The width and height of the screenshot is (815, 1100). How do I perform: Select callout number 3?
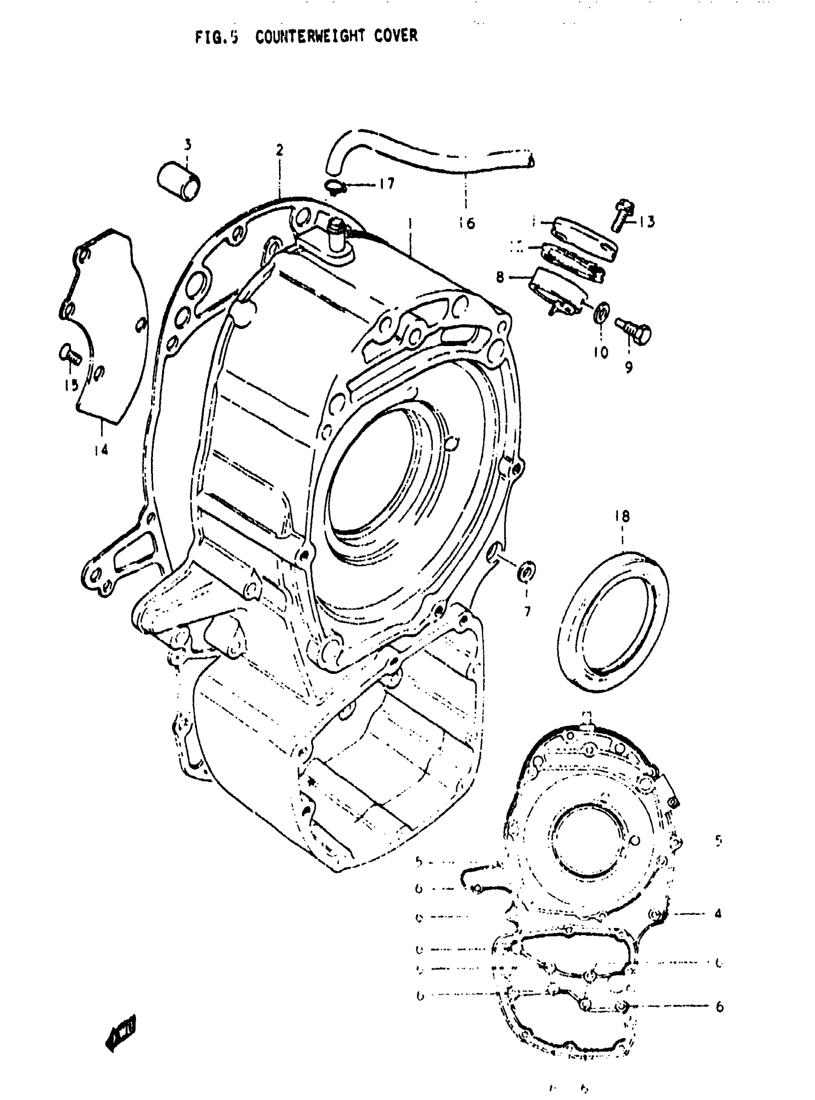point(188,145)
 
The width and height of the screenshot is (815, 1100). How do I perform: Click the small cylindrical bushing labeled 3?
point(179,183)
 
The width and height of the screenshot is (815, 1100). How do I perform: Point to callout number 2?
point(279,151)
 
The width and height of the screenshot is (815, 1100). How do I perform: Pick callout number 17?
point(387,184)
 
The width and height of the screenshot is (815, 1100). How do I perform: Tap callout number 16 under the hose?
point(466,223)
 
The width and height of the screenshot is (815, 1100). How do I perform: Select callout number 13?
point(647,222)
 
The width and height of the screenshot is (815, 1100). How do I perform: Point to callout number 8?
point(500,278)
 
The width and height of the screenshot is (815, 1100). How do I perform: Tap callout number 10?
point(601,352)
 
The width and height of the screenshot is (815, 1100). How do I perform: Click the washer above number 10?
point(602,312)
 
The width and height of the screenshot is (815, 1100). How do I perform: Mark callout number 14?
point(101,450)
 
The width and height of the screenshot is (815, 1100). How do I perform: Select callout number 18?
point(622,517)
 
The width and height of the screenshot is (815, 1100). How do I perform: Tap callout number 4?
point(718,914)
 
